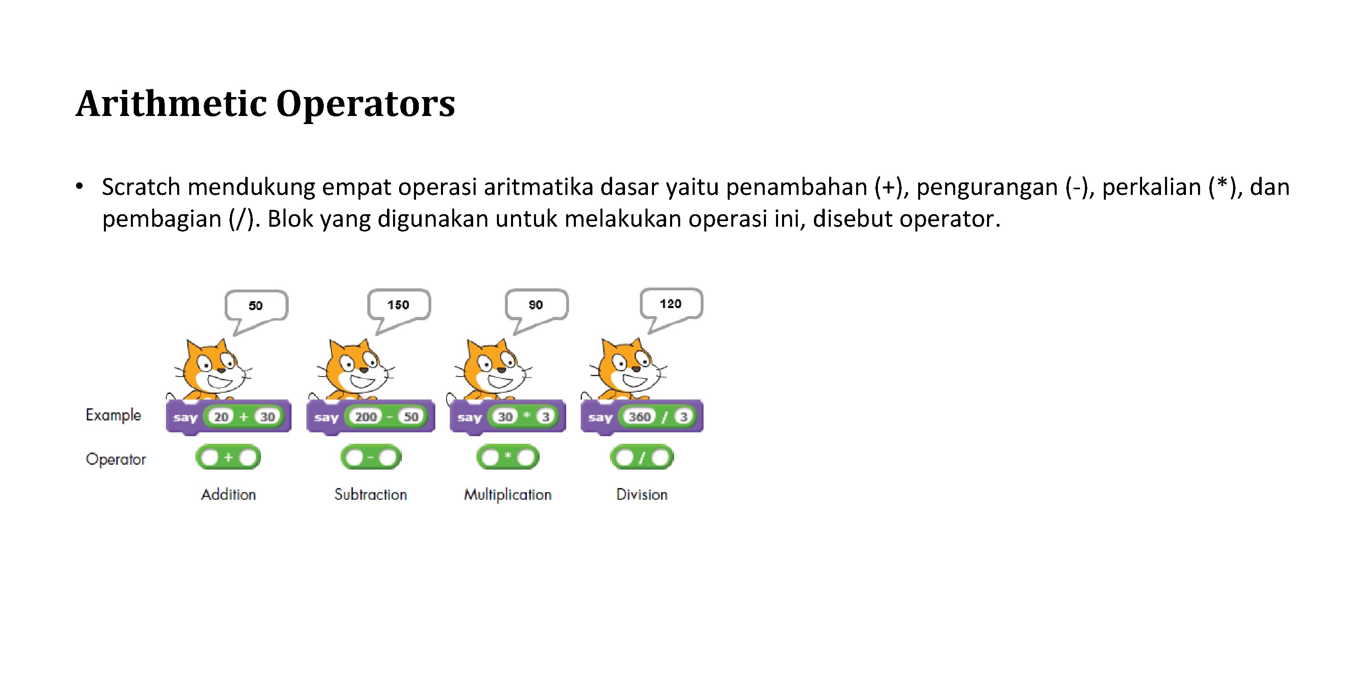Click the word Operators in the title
(365, 104)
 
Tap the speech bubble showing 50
(257, 306)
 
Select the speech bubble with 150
(398, 305)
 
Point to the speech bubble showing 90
(536, 305)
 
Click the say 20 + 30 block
(229, 417)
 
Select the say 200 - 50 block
(370, 417)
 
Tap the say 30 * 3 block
(508, 417)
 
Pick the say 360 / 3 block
(642, 417)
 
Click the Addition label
(228, 495)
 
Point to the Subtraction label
(370, 495)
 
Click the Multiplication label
(508, 495)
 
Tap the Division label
(642, 495)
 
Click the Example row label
(113, 415)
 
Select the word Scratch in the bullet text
(141, 187)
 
